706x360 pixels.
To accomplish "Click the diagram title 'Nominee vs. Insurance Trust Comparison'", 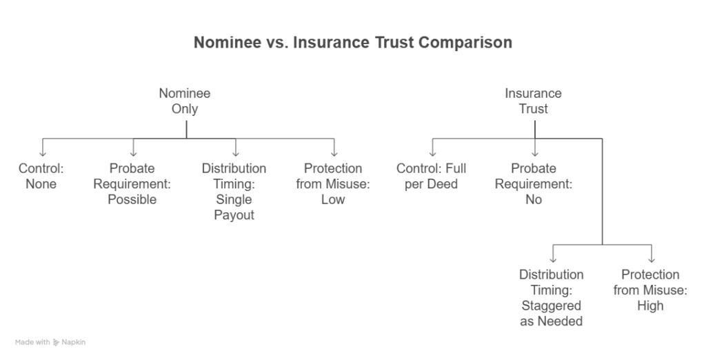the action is (353, 42).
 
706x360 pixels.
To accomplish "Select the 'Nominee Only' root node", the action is (185, 101).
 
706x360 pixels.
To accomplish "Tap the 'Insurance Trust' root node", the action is (533, 101).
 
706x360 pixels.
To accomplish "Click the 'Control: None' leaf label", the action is (41, 176).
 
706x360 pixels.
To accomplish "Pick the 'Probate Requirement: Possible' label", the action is (132, 184).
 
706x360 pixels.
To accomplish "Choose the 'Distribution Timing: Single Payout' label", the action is (234, 192).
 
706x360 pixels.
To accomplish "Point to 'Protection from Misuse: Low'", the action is (333, 184).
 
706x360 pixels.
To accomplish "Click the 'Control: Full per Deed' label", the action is (432, 176).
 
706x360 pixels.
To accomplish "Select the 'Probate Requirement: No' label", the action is (534, 184).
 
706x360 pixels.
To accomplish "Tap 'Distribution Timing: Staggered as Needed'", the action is (551, 298).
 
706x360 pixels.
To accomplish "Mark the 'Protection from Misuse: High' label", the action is (650, 290).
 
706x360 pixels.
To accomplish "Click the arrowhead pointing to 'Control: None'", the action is (43, 154).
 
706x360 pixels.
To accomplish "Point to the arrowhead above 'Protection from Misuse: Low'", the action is (334, 154).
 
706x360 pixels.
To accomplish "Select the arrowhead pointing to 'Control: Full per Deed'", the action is (433, 154).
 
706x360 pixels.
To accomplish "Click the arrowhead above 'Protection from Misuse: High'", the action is (652, 260).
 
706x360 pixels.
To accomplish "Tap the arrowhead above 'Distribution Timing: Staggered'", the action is (553, 260).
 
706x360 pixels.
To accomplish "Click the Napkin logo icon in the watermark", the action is (56, 343).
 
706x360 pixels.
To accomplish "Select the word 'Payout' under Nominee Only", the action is (234, 215).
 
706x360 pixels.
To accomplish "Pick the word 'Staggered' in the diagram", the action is (551, 306).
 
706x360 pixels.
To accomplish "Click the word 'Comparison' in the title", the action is (465, 42).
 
